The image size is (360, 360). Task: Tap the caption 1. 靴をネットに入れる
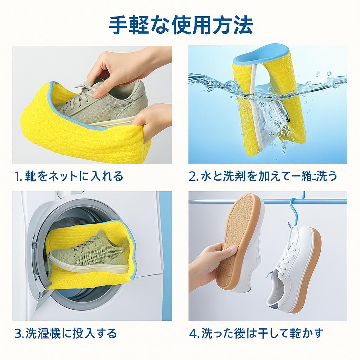[69, 176]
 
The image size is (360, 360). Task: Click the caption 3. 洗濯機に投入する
[65, 333]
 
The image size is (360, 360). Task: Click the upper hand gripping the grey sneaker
[120, 65]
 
